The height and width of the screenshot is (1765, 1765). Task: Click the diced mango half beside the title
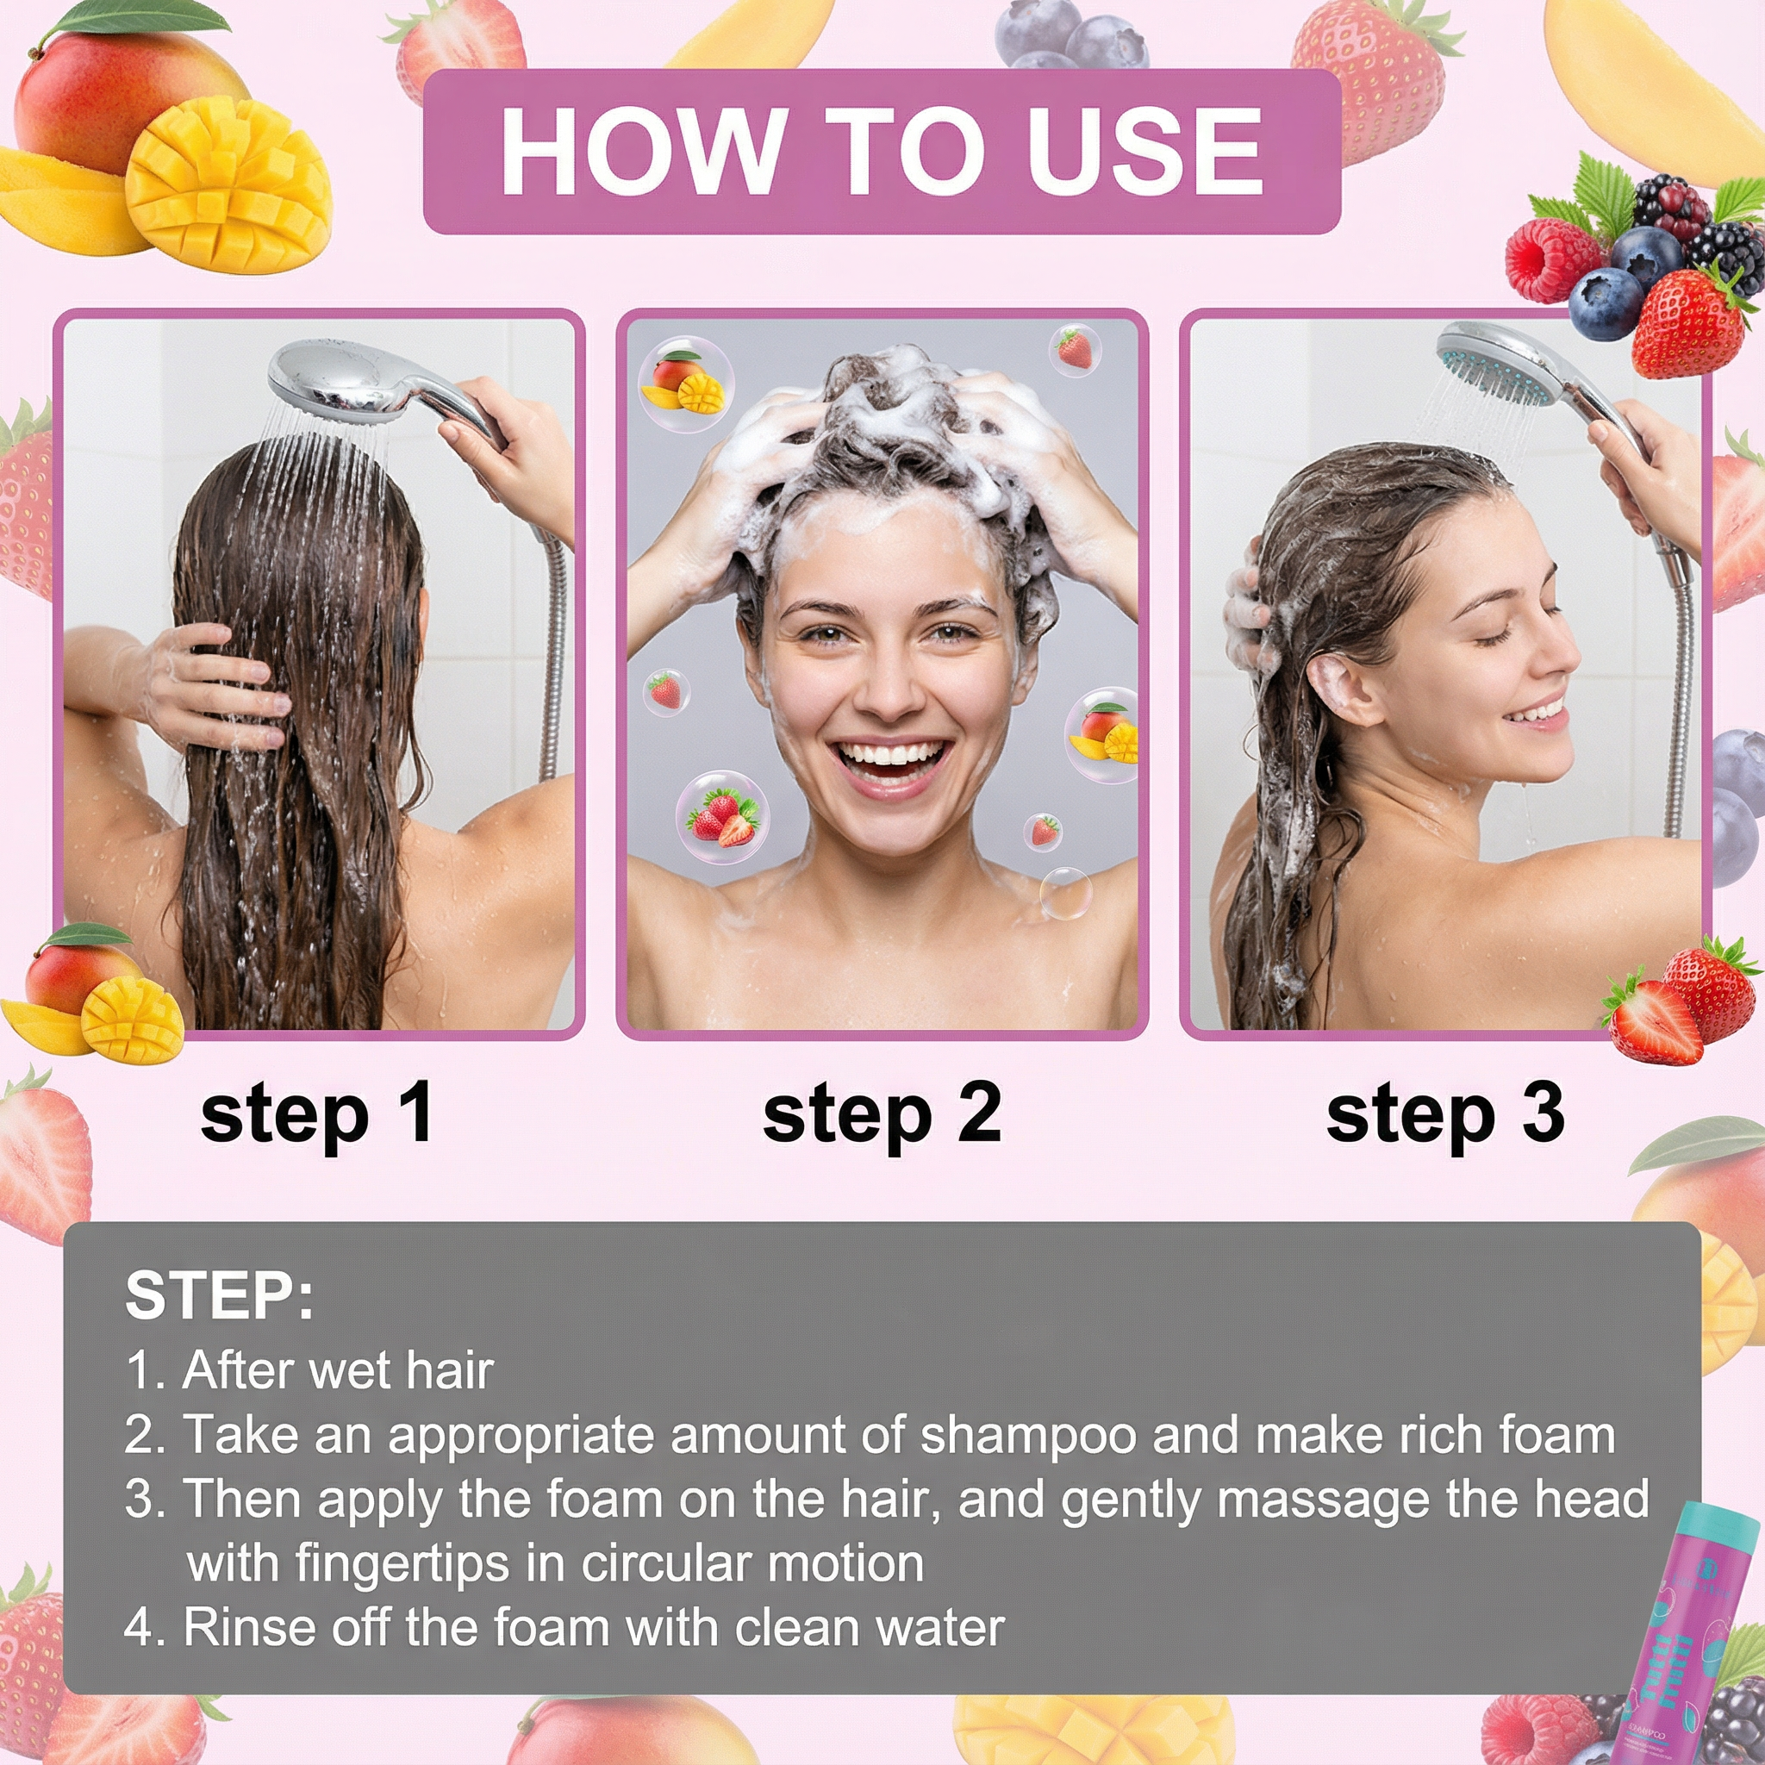coord(228,187)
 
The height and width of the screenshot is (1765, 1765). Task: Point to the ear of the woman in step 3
coord(1336,687)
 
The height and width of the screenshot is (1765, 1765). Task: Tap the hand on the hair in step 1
coord(215,685)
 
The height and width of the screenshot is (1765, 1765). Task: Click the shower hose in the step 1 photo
coord(552,658)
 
